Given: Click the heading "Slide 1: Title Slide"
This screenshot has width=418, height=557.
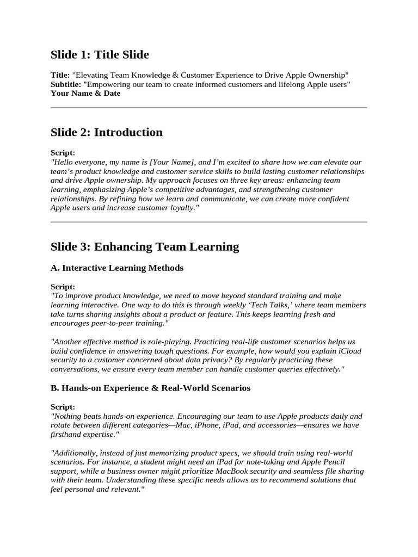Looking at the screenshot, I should point(100,54).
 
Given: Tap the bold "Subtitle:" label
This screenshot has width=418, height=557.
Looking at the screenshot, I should point(65,84).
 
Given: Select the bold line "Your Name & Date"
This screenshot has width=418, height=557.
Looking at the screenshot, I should point(85,93).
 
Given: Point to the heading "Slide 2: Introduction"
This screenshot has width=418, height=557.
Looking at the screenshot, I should point(106,132).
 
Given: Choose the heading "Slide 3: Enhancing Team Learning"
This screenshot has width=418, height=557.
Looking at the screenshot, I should point(145,246).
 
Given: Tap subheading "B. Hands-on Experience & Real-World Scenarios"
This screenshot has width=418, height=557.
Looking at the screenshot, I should point(150,388).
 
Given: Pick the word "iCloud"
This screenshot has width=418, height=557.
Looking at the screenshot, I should point(350,351).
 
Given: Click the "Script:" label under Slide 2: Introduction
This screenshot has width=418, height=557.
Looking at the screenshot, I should point(63,153).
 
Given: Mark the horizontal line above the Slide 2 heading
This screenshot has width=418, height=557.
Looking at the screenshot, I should point(208,108).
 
